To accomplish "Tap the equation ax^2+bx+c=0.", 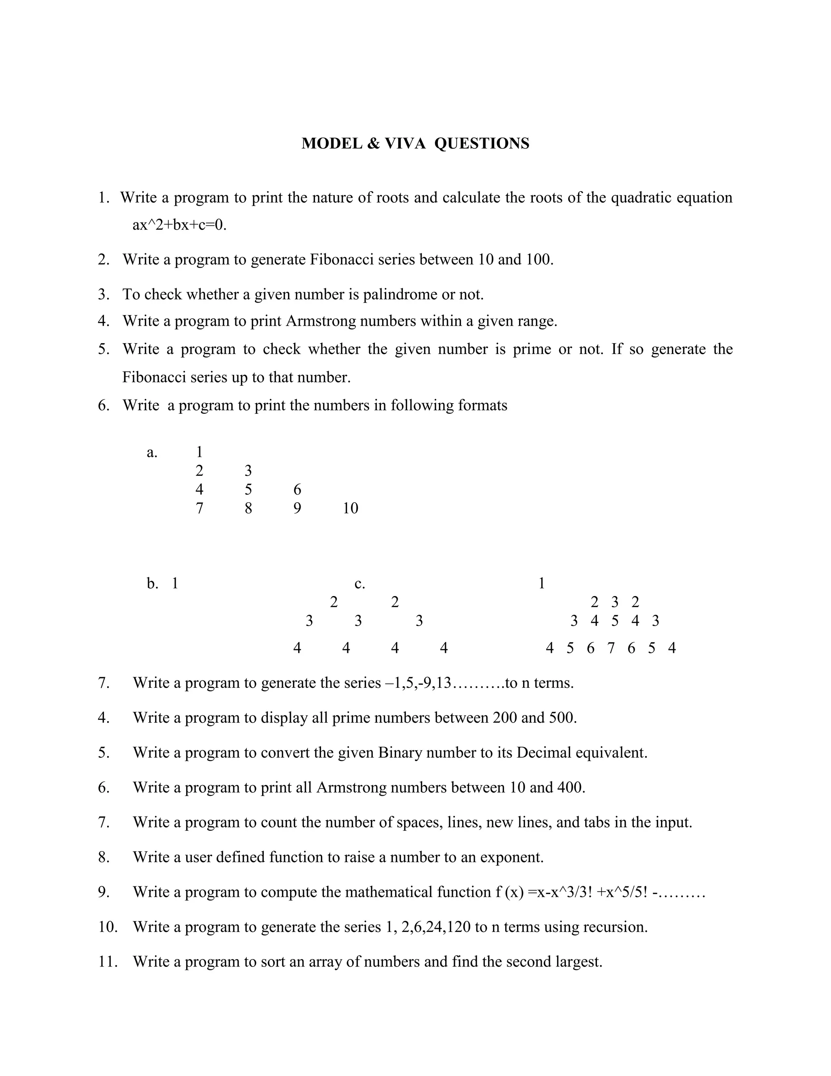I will click(x=179, y=225).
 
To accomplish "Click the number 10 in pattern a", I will click(x=350, y=508).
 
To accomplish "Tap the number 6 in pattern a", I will click(x=297, y=489).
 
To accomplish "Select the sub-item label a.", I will click(x=152, y=452).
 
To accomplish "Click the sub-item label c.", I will click(x=360, y=584).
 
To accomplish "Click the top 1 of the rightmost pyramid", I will click(x=542, y=584).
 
